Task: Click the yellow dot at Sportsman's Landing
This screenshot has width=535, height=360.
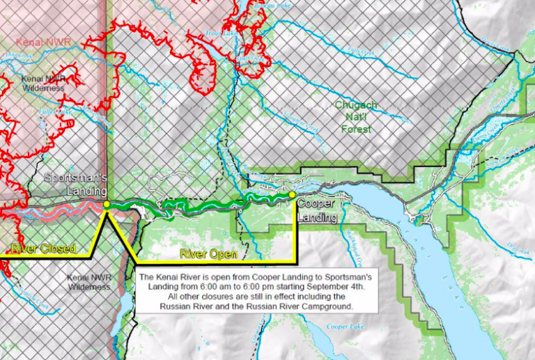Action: pyautogui.click(x=107, y=205)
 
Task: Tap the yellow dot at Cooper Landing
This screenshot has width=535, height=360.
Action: pyautogui.click(x=292, y=195)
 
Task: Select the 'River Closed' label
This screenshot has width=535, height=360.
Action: pyautogui.click(x=43, y=249)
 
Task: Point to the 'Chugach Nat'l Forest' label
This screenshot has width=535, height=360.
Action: pyautogui.click(x=356, y=117)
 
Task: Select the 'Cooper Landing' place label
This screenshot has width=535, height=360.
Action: pyautogui.click(x=317, y=210)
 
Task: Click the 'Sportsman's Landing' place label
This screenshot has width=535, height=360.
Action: pyautogui.click(x=75, y=184)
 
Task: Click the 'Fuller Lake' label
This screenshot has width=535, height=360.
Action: pyautogui.click(x=56, y=111)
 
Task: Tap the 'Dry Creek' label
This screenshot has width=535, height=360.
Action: pyautogui.click(x=519, y=248)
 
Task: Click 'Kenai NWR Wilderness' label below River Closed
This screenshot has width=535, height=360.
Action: pyautogui.click(x=88, y=282)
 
